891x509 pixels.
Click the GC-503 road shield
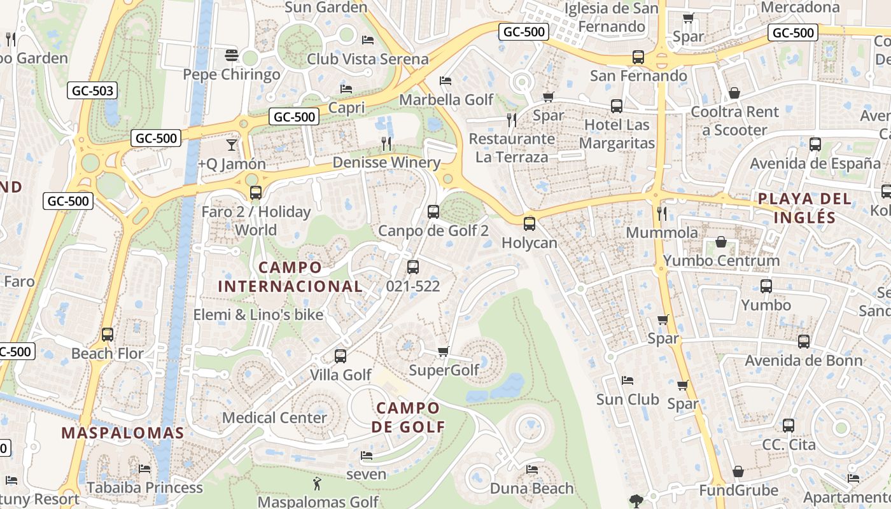pos(93,91)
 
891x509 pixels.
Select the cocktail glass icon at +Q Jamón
pos(231,145)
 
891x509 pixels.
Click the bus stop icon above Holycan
pos(529,224)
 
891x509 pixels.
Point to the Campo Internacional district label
pos(290,277)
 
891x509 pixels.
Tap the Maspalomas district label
pos(122,433)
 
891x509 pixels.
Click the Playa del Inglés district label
pos(804,208)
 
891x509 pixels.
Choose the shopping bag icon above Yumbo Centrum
pos(721,242)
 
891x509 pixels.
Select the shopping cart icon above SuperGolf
pos(444,352)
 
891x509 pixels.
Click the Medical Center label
pos(274,418)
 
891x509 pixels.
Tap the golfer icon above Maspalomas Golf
pos(316,484)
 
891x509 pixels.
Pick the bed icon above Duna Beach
pos(532,470)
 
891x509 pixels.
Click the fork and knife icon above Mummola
pos(662,214)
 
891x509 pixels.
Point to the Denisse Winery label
pos(386,163)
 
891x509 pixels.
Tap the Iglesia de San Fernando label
pos(611,17)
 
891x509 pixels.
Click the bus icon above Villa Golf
pos(340,356)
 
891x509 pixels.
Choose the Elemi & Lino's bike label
pos(258,315)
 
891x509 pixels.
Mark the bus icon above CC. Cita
pos(789,426)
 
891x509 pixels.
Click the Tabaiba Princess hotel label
pos(144,488)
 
